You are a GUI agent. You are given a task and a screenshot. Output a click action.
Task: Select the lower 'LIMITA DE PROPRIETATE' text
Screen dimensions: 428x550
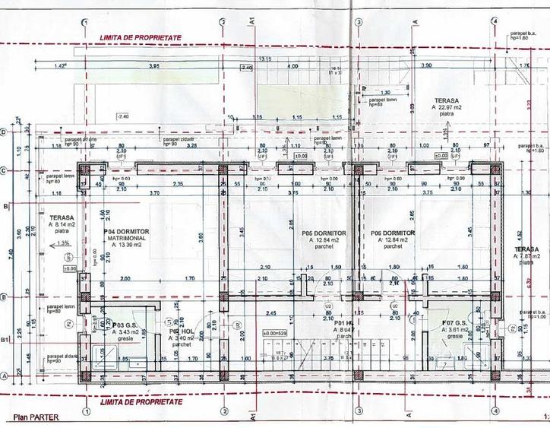tap(141, 401)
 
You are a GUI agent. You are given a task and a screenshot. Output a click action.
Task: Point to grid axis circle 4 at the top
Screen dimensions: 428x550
tap(495, 22)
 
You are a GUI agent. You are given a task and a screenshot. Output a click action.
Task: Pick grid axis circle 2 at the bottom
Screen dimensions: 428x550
tap(223, 411)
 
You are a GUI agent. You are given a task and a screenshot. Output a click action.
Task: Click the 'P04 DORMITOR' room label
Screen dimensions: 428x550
tap(126, 231)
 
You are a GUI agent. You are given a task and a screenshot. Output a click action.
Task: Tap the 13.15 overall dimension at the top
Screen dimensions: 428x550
tap(265, 59)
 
